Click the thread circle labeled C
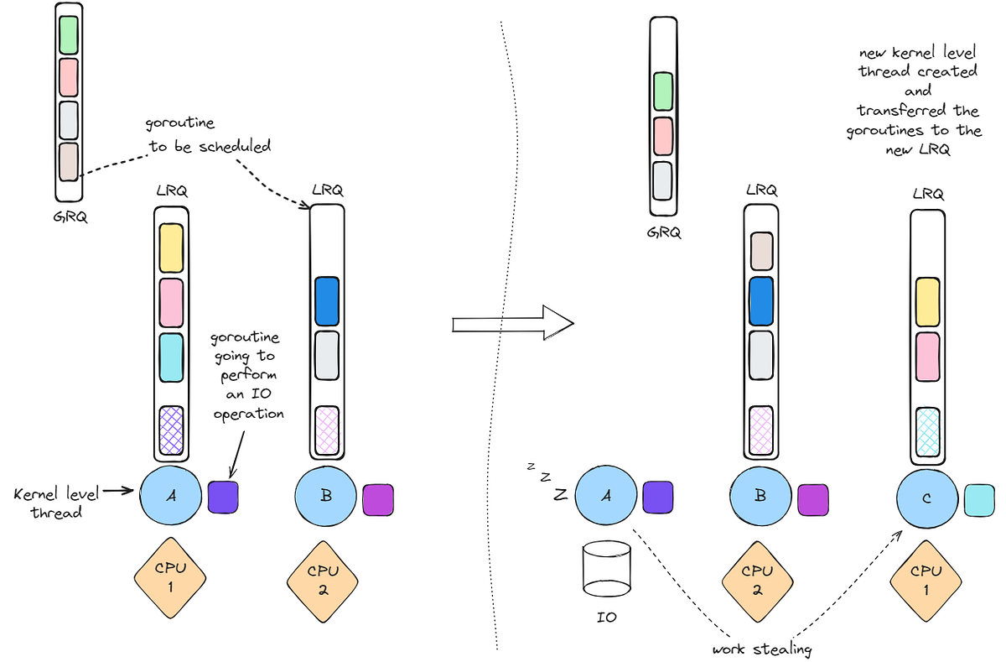point(926,498)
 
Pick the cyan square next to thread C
point(979,499)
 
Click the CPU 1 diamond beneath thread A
point(170,576)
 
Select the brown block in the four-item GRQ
point(69,161)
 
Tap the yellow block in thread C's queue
point(926,301)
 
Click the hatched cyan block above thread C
point(926,431)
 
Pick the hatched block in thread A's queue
point(170,430)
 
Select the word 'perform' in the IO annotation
point(248,376)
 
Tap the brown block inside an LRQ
point(761,251)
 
